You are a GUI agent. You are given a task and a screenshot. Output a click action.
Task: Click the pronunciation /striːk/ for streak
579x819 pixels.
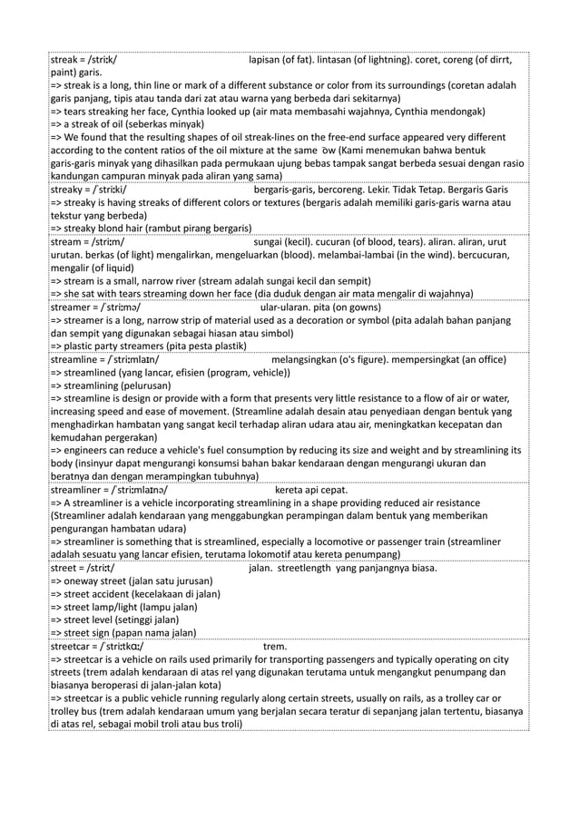(112, 61)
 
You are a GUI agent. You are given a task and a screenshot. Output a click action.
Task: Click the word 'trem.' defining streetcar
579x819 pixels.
(274, 647)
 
